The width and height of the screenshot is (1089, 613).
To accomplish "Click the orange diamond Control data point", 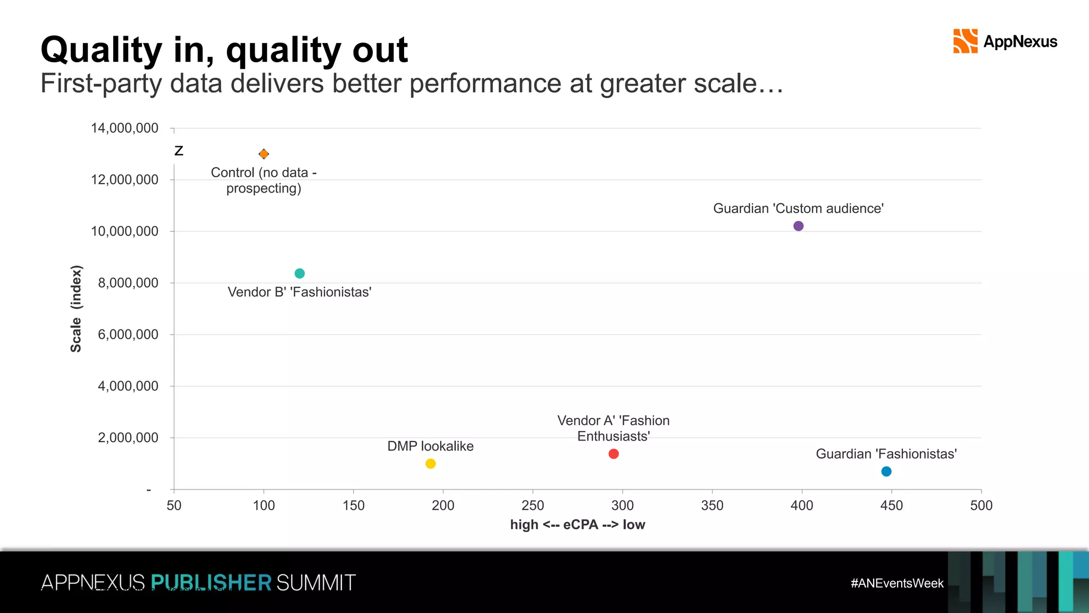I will pos(264,154).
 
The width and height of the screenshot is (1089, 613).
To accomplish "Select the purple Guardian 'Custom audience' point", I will pos(798,226).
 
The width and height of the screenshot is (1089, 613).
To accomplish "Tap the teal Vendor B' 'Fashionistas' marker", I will pos(299,274).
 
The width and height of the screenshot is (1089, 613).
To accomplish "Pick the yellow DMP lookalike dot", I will pos(431,464).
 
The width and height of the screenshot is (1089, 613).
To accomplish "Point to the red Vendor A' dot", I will pos(614,454).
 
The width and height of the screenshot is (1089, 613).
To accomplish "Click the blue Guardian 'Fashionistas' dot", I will pos(886,471).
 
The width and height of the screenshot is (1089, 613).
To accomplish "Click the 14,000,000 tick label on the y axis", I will pos(124,128).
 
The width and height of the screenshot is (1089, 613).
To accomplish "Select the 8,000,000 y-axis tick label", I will pos(128,283).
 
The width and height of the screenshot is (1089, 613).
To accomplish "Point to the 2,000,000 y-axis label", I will pos(128,438).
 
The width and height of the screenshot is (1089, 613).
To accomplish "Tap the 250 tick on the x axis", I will pos(533,506).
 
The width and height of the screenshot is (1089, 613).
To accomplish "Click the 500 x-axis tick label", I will pos(981,506).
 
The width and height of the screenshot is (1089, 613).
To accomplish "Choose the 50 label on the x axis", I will pos(174,506).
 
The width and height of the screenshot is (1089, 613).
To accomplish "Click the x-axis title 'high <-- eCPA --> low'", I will pos(577,525).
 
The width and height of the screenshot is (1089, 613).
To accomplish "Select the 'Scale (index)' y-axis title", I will pos(77,309).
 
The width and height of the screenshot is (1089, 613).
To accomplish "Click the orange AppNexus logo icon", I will pos(965,42).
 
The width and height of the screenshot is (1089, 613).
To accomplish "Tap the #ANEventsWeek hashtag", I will pos(897,583).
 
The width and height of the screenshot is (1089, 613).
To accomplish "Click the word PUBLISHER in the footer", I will pos(211,583).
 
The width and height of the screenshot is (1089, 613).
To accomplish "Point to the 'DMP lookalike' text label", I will pos(430,446).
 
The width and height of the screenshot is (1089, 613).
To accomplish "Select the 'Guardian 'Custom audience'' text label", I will pos(798,209).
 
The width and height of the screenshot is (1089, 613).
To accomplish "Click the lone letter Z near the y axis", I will pos(179,151).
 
